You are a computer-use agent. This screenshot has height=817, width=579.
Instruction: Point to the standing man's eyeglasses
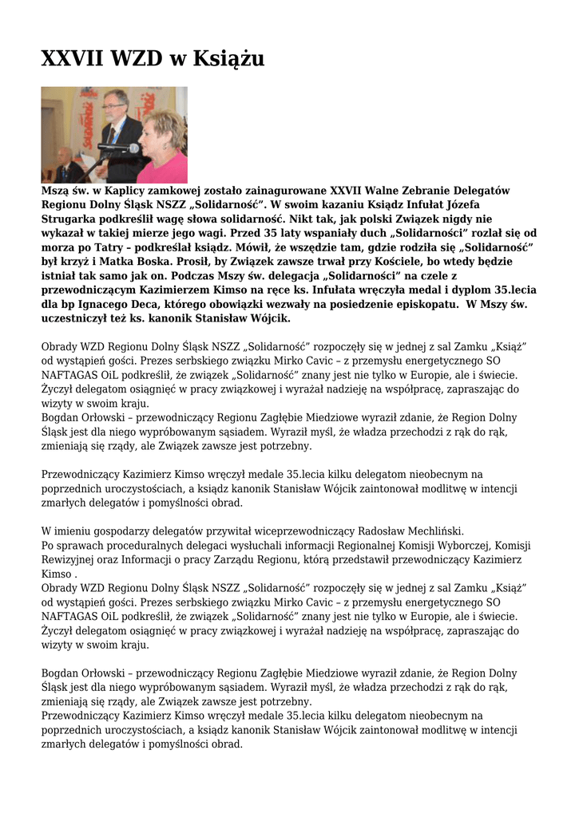coord(114,105)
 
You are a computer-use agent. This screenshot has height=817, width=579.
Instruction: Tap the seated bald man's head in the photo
coord(64,154)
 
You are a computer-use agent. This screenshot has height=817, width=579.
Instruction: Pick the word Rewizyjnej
coord(73,559)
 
